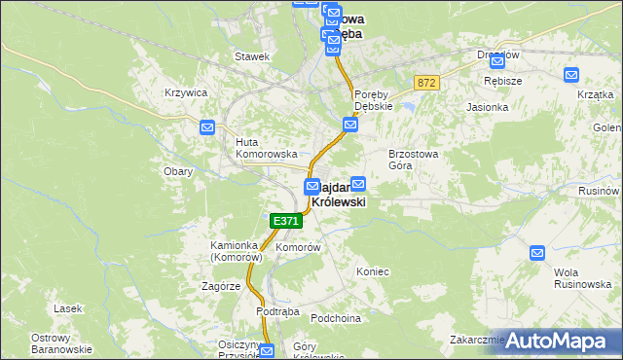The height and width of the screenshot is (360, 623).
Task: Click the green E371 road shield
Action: (x=286, y=221)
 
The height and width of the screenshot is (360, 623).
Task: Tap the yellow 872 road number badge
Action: (x=425, y=84)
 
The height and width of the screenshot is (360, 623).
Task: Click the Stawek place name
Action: (x=251, y=56)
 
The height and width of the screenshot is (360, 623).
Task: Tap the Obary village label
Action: (x=178, y=171)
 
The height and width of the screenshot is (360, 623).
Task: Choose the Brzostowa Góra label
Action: (x=416, y=160)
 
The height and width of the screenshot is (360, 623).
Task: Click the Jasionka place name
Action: (x=488, y=107)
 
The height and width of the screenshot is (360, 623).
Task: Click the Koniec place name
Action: (x=373, y=271)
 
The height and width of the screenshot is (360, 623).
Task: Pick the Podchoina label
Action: (x=336, y=318)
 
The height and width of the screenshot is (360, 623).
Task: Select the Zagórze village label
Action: (x=221, y=287)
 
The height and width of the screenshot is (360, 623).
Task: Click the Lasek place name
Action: (x=68, y=308)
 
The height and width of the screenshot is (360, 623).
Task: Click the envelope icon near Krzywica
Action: (x=207, y=127)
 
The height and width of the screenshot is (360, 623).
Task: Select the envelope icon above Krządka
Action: (x=571, y=73)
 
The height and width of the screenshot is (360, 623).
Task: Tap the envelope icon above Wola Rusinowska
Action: (x=537, y=253)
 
